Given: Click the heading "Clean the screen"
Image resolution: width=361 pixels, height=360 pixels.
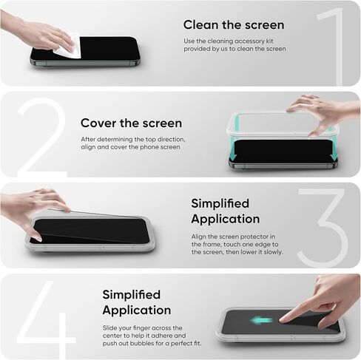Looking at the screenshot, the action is tap(234, 25).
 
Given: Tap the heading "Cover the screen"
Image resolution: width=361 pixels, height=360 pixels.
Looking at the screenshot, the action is tap(131, 123).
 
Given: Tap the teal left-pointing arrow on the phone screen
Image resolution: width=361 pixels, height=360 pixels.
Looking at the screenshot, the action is tap(261, 320).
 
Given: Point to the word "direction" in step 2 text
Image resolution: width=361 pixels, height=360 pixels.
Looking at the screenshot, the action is tap(172, 139).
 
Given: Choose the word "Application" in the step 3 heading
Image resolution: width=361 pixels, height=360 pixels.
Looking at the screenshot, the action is tap(226, 219).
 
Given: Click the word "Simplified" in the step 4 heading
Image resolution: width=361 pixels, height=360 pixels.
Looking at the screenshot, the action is tap(132, 294).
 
